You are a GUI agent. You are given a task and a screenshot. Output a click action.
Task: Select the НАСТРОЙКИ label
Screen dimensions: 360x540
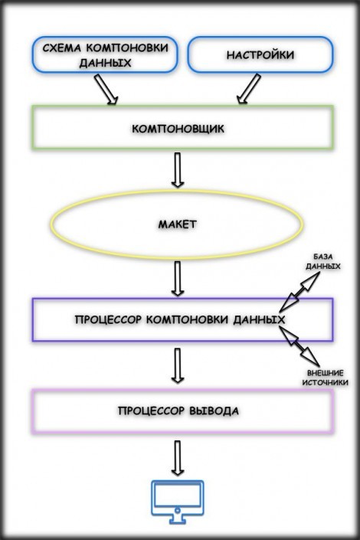coord(260,55)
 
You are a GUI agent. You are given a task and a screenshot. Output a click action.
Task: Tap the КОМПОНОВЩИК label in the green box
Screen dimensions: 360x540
coord(178,129)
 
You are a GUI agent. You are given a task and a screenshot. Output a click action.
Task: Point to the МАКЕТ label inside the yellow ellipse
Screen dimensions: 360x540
coord(178,224)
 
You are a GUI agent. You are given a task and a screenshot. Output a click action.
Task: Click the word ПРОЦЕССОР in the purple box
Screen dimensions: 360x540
coord(108,319)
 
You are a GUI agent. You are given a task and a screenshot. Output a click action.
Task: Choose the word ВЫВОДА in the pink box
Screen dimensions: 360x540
coord(214,411)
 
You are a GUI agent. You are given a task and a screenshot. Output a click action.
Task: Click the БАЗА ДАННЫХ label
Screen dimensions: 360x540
coord(322,261)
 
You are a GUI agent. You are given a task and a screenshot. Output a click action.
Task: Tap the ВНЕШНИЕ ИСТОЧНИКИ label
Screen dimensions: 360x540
coord(326,378)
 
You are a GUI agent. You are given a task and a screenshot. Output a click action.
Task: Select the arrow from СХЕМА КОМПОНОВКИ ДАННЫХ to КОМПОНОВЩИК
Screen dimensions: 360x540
coord(106,89)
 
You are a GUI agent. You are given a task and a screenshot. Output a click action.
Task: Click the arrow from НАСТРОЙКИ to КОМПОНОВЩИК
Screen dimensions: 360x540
coord(249,89)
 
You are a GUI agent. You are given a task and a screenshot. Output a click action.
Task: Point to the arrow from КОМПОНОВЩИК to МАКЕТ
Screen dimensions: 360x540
coord(178,170)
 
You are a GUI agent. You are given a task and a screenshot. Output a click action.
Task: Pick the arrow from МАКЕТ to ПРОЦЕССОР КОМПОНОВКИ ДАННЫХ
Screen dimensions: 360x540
coord(178,279)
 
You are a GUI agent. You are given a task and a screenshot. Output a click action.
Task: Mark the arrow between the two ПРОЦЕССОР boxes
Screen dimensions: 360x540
coord(178,365)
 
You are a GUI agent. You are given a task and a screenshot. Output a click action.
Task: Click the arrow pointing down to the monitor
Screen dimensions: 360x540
coord(178,458)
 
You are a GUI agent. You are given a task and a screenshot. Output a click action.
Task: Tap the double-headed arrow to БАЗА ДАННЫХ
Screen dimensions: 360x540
coord(299,292)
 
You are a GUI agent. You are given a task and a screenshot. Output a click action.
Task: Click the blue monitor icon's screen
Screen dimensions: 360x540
coord(178,496)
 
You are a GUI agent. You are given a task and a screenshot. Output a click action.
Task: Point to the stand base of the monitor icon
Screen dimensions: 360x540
coord(178,521)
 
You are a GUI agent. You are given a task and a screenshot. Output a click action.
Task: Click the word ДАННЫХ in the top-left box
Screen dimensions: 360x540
coord(105,63)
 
